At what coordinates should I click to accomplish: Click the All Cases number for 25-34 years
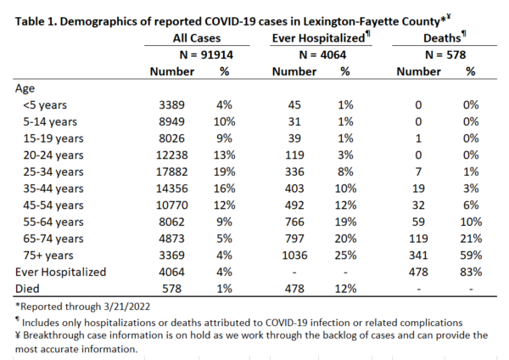point(171,172)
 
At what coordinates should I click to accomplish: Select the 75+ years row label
point(48,256)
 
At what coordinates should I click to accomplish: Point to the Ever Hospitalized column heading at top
point(321,37)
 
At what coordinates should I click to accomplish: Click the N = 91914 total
point(206,54)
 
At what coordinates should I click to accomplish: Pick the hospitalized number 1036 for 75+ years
point(294,256)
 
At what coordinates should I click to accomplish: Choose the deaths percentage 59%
point(471,256)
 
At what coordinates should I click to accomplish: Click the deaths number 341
point(418,256)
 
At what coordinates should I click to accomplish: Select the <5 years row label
point(45,105)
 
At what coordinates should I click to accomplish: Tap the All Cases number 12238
point(171,155)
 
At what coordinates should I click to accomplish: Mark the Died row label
point(27,289)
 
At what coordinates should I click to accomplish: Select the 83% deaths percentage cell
point(471,272)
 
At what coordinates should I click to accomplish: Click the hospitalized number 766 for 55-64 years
point(294,222)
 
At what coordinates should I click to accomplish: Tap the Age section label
point(25,88)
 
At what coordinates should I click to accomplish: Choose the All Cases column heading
point(197,38)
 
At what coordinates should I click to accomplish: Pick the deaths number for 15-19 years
point(418,138)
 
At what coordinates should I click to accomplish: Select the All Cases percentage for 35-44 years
point(224,188)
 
